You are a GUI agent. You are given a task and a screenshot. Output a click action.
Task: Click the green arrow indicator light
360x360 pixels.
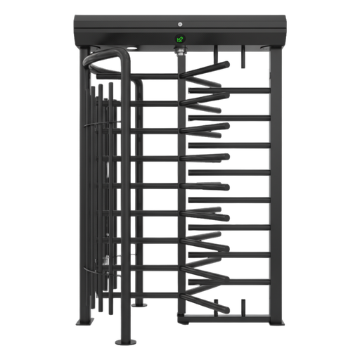(x=180, y=39)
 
